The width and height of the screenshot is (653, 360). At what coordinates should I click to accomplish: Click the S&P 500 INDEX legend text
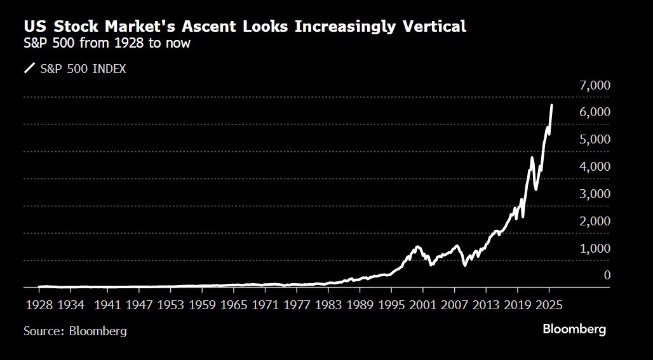click(83, 69)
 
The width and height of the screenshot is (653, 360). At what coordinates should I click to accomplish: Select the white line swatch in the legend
click(30, 69)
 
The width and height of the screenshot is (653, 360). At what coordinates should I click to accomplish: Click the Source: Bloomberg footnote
click(75, 331)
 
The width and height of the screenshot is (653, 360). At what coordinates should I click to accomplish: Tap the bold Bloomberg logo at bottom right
click(574, 330)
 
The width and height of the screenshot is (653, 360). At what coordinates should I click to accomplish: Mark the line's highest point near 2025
click(551, 105)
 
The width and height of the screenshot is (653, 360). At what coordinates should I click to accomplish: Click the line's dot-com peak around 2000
click(417, 246)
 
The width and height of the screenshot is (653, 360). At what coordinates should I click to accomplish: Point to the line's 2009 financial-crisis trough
click(465, 265)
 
